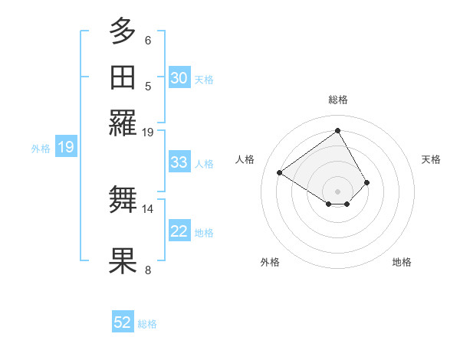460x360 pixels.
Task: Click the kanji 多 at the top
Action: click(123, 33)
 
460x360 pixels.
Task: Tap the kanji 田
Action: click(123, 77)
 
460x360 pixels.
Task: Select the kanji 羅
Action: click(123, 123)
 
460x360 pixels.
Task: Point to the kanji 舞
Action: click(123, 200)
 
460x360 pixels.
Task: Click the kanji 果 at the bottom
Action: click(123, 260)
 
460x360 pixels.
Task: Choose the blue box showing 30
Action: click(179, 78)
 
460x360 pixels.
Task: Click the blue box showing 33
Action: click(179, 162)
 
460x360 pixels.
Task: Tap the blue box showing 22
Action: click(179, 232)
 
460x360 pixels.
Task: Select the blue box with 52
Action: click(123, 323)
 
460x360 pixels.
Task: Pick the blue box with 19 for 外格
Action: click(66, 148)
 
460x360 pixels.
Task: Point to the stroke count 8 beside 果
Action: click(148, 270)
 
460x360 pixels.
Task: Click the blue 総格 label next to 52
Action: click(147, 324)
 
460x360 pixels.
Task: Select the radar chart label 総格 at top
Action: click(337, 100)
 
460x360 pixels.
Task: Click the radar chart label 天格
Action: click(431, 159)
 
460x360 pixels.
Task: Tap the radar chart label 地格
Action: click(402, 262)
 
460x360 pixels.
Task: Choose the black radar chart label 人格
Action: click(245, 159)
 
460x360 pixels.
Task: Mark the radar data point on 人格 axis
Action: click(280, 172)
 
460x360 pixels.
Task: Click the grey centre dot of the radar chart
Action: click(337, 191)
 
